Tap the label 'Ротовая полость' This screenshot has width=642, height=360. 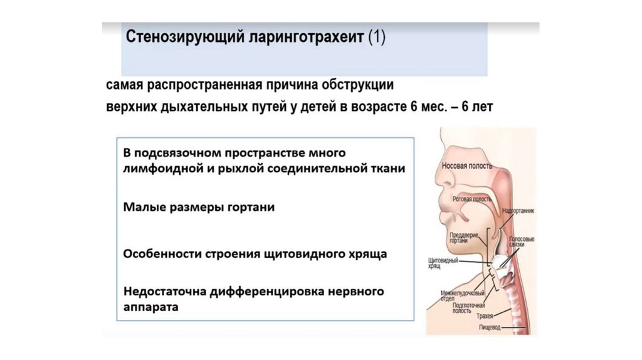471,198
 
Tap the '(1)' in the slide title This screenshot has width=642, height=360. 377,38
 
